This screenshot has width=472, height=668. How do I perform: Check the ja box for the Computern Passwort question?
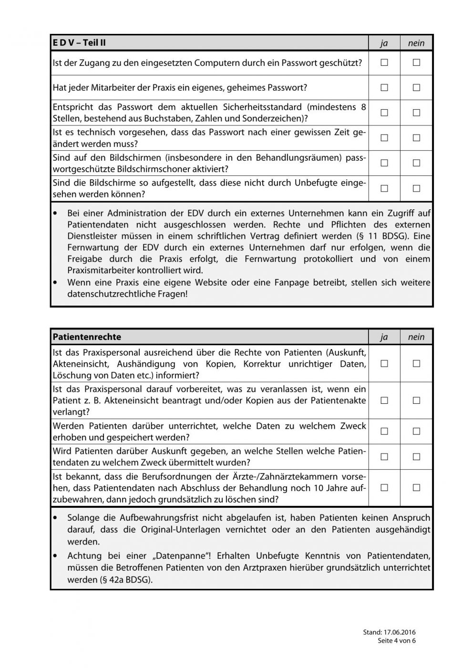384,62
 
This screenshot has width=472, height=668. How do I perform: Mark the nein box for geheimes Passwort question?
416,88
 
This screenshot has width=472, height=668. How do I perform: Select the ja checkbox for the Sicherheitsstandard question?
384,113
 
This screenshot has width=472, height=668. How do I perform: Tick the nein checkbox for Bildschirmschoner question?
416,163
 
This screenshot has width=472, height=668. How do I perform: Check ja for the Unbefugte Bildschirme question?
384,188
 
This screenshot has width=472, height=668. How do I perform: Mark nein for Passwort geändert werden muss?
416,138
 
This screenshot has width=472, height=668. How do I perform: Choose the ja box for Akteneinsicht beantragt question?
384,401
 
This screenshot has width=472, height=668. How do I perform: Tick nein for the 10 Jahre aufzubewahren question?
416,487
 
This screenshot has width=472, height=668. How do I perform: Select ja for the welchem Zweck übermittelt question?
384,457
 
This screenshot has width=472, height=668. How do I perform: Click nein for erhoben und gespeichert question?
416,432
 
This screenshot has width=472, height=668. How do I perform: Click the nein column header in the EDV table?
416,43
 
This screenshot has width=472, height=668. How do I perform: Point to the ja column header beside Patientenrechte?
384,337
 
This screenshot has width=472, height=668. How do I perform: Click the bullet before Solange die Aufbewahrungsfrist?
57,517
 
